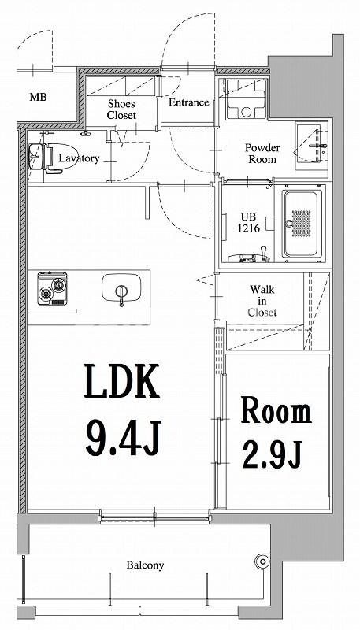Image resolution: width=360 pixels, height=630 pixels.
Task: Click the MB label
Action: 36,98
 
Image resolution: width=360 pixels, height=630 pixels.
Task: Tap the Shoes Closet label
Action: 121,109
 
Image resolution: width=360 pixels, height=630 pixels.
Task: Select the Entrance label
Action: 188,102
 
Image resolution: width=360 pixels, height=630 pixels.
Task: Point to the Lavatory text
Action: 79,158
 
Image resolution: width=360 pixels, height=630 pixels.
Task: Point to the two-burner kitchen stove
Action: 52,289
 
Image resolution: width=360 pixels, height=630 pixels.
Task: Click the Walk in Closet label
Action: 262,300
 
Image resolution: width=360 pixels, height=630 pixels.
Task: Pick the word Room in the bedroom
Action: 275,411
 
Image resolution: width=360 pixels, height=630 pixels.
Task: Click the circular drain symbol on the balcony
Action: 262,561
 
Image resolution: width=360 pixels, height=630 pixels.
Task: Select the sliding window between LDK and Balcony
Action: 155,517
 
